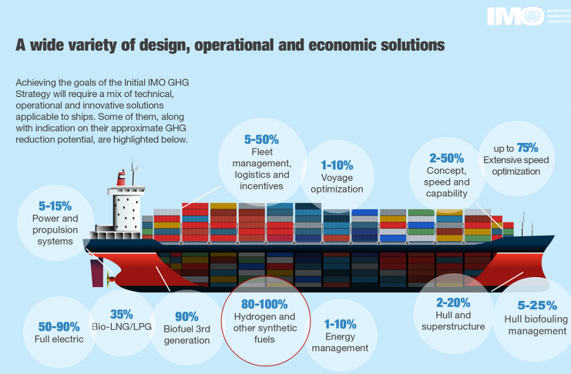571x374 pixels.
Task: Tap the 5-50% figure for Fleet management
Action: tap(261, 139)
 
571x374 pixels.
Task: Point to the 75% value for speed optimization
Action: tap(526, 147)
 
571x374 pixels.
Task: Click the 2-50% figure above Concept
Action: tap(447, 156)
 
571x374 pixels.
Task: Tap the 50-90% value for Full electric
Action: tap(59, 326)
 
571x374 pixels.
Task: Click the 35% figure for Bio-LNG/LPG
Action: tap(122, 314)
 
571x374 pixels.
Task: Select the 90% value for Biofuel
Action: tap(186, 316)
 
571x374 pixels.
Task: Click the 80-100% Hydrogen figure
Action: tap(264, 304)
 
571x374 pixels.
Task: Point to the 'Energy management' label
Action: tap(340, 342)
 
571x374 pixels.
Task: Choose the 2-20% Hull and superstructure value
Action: tap(453, 302)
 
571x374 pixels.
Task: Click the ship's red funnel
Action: tap(121, 178)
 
